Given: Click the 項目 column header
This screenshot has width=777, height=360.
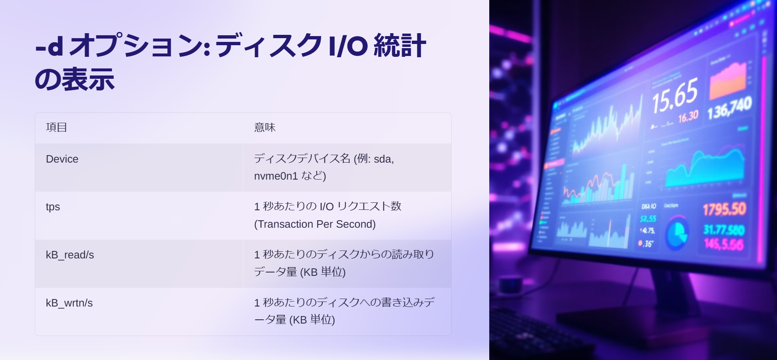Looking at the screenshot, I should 56,127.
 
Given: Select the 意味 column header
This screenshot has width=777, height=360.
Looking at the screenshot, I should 265,127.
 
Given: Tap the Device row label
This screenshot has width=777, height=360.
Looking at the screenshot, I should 62,159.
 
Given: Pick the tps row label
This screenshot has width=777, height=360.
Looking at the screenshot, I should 53,207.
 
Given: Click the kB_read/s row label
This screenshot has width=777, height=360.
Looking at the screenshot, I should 70,255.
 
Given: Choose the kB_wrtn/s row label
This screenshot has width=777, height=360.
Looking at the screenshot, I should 69,303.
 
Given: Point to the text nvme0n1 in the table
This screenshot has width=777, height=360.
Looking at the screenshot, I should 276,176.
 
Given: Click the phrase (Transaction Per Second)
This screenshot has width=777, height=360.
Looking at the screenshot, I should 315,224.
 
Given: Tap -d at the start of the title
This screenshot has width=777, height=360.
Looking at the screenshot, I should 49,46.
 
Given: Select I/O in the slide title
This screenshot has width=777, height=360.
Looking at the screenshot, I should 347,46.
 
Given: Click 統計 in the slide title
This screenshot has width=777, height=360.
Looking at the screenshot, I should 400,46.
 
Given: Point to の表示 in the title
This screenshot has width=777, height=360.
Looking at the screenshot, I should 75,79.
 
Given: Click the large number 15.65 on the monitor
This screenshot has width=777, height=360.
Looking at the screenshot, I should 674,96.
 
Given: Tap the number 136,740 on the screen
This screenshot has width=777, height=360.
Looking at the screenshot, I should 729,108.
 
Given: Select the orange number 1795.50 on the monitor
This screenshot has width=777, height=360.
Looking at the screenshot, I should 724,209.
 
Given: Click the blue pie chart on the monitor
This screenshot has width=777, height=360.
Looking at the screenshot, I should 676,234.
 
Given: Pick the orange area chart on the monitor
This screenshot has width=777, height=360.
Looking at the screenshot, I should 728,80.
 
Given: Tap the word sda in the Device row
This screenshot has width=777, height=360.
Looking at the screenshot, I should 383,159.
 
